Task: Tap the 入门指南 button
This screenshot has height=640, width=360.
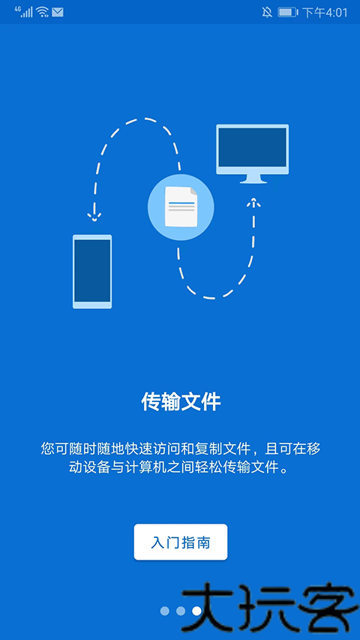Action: [181, 542]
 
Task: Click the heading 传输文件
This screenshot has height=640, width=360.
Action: [181, 402]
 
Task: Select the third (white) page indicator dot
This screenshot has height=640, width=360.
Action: [196, 611]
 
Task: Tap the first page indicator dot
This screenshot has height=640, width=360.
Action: [164, 611]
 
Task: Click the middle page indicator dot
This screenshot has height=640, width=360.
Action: [181, 611]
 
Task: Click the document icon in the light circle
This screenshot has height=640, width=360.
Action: [181, 206]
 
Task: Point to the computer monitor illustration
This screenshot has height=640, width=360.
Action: [252, 154]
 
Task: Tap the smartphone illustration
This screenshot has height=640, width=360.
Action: [92, 272]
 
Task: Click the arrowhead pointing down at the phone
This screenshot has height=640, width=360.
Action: [94, 216]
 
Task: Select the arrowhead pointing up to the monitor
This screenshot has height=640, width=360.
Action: [253, 203]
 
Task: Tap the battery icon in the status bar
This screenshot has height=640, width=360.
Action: [288, 12]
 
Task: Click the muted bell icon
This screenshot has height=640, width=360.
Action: [267, 12]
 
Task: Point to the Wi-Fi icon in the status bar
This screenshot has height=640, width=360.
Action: [42, 12]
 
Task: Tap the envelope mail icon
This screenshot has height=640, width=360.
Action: [58, 12]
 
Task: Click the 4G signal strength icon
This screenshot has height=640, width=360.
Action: [24, 11]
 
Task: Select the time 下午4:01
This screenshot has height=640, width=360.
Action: [325, 12]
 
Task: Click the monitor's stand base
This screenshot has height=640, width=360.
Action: [253, 181]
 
